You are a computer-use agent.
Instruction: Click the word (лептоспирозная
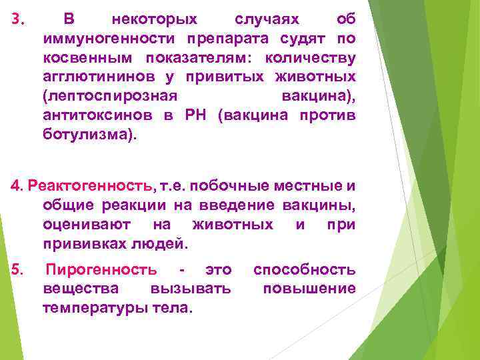[109, 97]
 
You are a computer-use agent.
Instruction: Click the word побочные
[233, 185]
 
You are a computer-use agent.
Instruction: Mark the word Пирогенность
[101, 270]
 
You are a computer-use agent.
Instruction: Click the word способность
[304, 270]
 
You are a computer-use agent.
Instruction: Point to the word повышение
[309, 289]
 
